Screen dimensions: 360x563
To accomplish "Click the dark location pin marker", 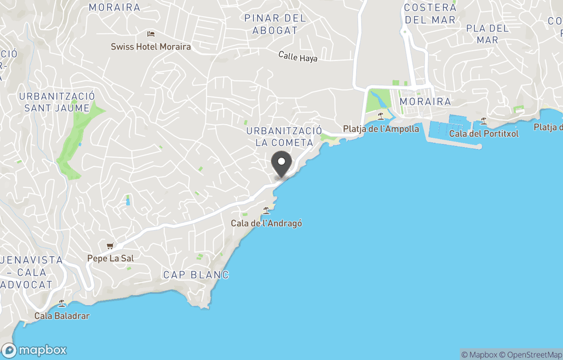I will (281, 163).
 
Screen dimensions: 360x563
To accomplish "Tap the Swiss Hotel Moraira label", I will (151, 46).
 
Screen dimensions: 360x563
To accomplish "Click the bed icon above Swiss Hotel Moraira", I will (151, 34).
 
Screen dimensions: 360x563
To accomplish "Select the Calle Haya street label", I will (298, 56).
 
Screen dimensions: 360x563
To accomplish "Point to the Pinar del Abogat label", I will (275, 25).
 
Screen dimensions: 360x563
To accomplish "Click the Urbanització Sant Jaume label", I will (57, 102).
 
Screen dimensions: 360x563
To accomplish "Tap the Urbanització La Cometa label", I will (284, 137).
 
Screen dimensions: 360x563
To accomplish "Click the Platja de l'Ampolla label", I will (381, 129).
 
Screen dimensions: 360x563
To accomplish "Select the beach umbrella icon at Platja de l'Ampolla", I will (381, 116).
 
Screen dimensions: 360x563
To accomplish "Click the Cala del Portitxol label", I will (484, 134).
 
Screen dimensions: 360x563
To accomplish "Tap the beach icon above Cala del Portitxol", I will (484, 121).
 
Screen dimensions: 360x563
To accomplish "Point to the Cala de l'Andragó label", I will (266, 223).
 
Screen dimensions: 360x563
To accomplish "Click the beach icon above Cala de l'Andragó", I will (266, 211).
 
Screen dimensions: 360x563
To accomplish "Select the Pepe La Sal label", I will (110, 258).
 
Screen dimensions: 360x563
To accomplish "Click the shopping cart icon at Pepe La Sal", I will (110, 246).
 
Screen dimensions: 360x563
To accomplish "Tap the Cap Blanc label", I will (196, 275).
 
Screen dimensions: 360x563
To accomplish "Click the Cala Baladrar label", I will (62, 316).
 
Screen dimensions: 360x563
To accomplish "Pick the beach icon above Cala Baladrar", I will (62, 303).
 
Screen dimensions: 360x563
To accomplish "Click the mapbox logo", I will (34, 350).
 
